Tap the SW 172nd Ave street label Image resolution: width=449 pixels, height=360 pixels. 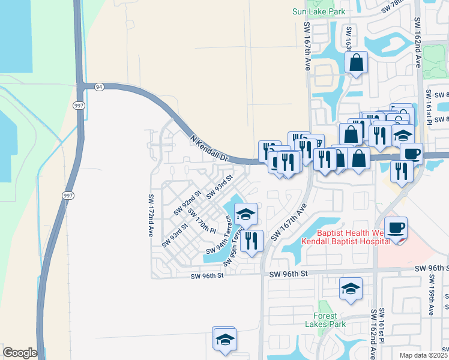150,215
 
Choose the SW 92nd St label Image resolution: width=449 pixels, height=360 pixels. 187,202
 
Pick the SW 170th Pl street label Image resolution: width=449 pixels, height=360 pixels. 202,220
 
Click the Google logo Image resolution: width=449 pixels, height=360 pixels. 20,353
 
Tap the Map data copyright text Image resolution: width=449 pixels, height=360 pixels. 424,355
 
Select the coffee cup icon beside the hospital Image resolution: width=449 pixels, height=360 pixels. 396,229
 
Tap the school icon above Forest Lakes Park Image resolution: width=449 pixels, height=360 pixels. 351,289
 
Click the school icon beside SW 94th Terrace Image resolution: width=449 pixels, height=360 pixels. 245,213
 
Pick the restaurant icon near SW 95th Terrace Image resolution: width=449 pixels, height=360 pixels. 252,241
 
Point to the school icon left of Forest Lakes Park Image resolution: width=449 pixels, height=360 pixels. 224,338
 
